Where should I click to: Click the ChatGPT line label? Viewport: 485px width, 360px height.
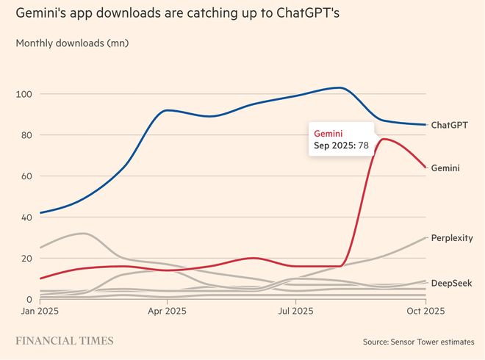click(x=450, y=125)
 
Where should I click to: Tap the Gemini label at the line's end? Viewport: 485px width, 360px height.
click(x=446, y=168)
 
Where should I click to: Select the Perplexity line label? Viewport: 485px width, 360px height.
click(x=452, y=238)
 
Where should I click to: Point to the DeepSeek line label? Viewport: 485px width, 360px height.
click(x=451, y=283)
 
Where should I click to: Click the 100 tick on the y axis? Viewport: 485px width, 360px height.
click(x=24, y=94)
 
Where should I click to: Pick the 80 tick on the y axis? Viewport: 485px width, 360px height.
click(x=27, y=135)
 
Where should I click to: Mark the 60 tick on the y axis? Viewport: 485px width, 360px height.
click(x=27, y=176)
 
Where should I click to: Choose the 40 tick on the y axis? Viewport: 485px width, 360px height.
click(x=27, y=217)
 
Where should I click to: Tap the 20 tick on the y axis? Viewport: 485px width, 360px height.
click(x=27, y=259)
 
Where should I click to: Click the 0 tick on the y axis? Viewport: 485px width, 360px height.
click(x=30, y=300)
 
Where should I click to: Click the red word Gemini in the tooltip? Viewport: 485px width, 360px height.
click(x=329, y=133)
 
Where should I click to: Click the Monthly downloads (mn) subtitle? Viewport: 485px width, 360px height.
click(x=72, y=43)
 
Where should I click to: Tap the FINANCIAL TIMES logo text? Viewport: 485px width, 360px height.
click(x=65, y=341)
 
